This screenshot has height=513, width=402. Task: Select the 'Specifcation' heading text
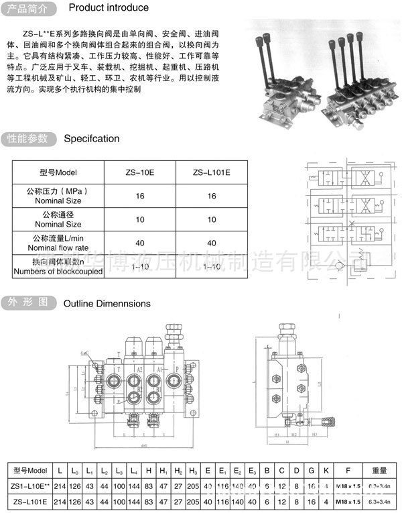pyautogui.click(x=91, y=139)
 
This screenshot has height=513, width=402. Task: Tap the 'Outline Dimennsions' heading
pyautogui.click(x=107, y=303)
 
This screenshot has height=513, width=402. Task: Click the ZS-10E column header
pyautogui.click(x=139, y=172)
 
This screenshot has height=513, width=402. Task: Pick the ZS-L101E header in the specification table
pyautogui.click(x=211, y=172)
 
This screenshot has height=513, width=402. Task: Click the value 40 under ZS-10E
pyautogui.click(x=139, y=243)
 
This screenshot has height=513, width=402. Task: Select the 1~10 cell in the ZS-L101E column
pyautogui.click(x=211, y=267)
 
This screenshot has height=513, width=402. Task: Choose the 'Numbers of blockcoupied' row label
pyautogui.click(x=58, y=272)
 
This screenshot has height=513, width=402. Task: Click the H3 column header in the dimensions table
pyautogui.click(x=193, y=469)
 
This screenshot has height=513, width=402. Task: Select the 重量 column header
pyautogui.click(x=379, y=469)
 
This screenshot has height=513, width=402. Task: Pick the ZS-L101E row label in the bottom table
pyautogui.click(x=30, y=501)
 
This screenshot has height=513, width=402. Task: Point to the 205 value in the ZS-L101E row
pyautogui.click(x=193, y=501)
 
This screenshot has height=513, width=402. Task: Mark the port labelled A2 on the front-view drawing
pyautogui.click(x=139, y=369)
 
